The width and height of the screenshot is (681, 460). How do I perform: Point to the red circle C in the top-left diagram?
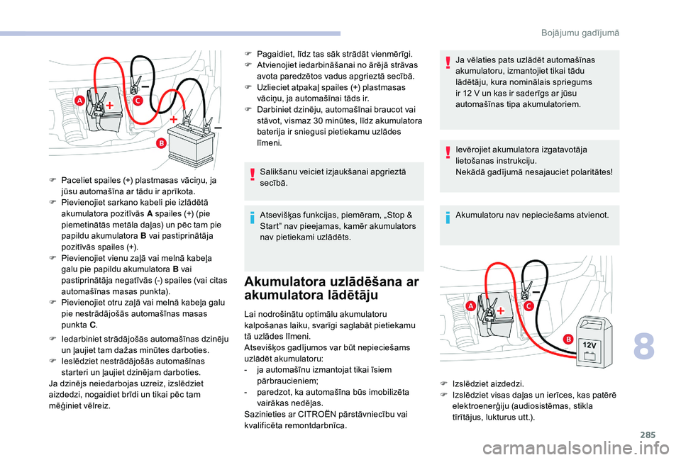coord(137,101)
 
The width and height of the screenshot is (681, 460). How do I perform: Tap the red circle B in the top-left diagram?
coord(161,143)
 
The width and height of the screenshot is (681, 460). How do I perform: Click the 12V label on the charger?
coord(591,344)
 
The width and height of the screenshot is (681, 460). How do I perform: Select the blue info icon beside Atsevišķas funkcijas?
coord(254,218)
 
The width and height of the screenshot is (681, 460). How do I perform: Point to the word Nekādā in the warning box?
coord(471,171)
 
